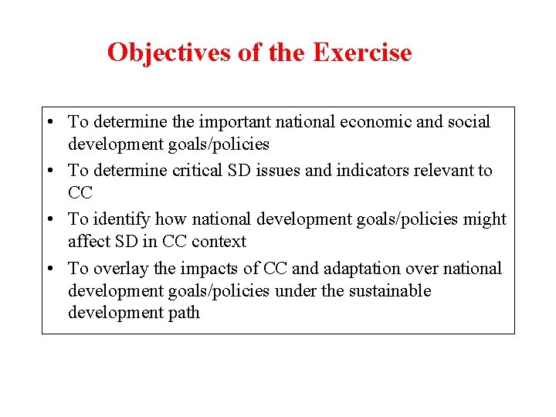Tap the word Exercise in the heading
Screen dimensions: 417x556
coord(362,53)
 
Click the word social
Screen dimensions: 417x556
coord(467,122)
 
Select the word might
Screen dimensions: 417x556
coord(486,219)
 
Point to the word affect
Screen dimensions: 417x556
coord(87,242)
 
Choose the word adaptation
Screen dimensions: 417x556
coord(364,269)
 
